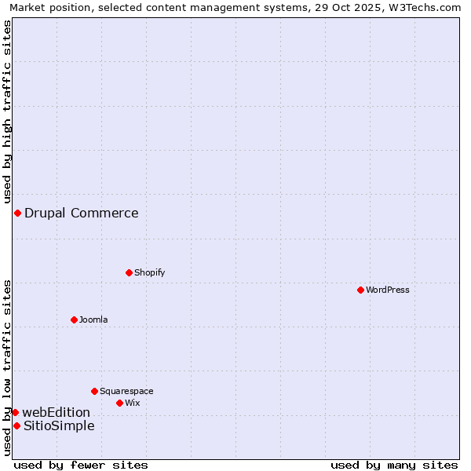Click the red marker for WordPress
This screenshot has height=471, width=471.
click(x=360, y=290)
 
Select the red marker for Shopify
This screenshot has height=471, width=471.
click(x=129, y=272)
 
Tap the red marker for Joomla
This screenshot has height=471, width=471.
click(x=74, y=319)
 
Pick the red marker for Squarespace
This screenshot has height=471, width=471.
click(x=94, y=391)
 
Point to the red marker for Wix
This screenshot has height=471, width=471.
click(x=119, y=403)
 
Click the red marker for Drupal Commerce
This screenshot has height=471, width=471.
click(x=17, y=213)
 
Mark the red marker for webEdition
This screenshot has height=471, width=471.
click(x=15, y=412)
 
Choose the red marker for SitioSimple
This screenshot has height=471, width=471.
click(x=16, y=425)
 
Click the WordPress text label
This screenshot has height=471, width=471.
click(x=388, y=290)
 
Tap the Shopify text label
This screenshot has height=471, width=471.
click(x=149, y=272)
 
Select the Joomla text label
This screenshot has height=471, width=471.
click(x=93, y=319)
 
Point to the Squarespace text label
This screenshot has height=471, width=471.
click(x=126, y=391)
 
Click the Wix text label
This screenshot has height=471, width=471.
click(x=133, y=403)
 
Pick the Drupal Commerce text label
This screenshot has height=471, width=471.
click(x=82, y=213)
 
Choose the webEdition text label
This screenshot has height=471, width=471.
click(x=57, y=412)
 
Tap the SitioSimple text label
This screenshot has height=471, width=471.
click(x=59, y=425)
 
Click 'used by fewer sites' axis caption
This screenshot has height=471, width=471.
click(x=81, y=465)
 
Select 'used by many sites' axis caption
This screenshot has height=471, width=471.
click(x=394, y=465)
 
